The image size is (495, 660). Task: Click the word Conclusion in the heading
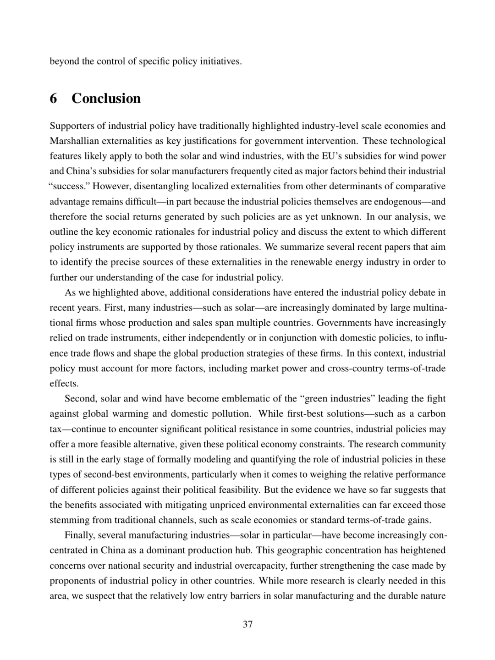click(106, 99)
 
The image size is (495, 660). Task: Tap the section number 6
click(54, 99)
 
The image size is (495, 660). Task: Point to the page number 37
click(247, 624)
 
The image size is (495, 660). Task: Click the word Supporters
click(71, 126)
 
